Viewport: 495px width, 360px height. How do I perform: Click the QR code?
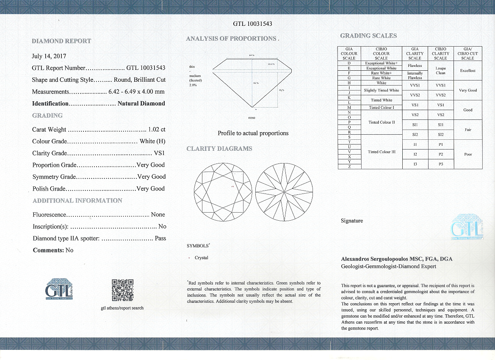coord(122,291)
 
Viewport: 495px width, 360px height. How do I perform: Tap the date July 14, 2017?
coord(49,56)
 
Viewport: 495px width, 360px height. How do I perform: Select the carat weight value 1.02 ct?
coord(157,130)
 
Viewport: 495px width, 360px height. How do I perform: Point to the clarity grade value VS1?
coord(159,153)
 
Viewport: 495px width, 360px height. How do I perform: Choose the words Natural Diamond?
coord(141,103)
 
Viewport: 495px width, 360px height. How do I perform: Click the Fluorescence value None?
coord(158,215)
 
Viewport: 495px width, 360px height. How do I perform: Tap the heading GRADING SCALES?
coord(368,36)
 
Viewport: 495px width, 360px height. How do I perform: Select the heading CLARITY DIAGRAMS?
coord(219,149)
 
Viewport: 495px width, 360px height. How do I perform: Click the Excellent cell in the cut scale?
coord(467,71)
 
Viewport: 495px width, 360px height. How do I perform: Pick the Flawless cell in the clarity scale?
coord(415,66)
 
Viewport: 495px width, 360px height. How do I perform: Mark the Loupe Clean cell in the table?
coord(440,70)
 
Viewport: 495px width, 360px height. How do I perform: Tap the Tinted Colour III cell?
coord(381,152)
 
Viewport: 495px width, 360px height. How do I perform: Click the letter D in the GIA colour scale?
coord(349,63)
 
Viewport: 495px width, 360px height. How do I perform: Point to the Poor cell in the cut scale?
coord(467,154)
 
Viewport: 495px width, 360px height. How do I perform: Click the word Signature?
coord(352,221)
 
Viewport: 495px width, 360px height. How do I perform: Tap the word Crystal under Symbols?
coord(202,258)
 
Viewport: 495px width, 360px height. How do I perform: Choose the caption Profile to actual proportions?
coord(253,133)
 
